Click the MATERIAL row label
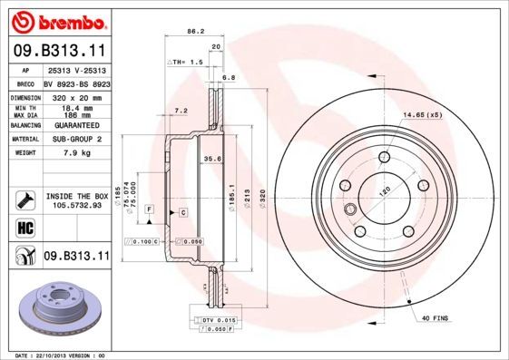pos(24,140)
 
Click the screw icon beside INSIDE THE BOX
pos(23,200)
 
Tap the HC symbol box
pos(22,227)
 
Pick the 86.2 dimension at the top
pos(193,32)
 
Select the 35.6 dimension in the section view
pos(214,160)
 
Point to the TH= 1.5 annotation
pos(186,61)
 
